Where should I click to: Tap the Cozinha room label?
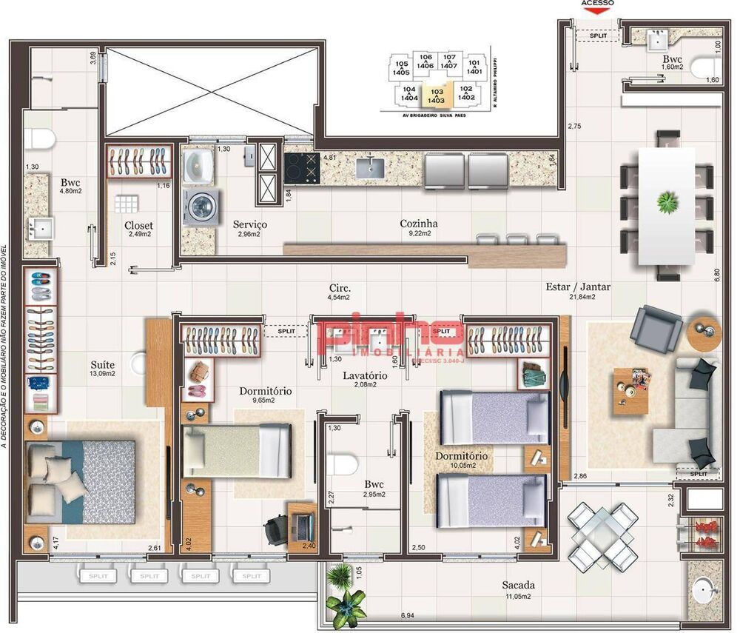(419, 223)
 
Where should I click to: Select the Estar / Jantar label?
(578, 287)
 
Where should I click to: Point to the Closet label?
(138, 225)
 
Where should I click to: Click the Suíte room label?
(102, 364)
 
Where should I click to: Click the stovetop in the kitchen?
(300, 168)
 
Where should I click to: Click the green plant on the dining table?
(668, 201)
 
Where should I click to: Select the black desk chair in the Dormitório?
(275, 529)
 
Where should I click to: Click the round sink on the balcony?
(704, 591)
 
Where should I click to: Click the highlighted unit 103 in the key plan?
(436, 93)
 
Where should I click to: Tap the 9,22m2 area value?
(419, 233)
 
